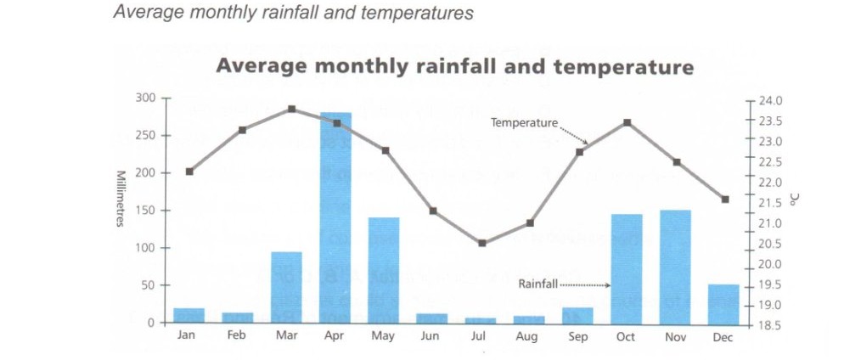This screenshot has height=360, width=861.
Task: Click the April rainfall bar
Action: [335, 217]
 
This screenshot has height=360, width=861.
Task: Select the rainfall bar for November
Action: [675, 267]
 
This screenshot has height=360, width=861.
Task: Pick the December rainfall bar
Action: [723, 303]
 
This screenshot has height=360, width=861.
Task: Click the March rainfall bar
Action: [286, 287]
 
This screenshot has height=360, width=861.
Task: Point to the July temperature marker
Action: [481, 243]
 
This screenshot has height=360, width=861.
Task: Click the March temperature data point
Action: [291, 109]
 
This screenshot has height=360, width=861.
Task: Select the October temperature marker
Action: [627, 122]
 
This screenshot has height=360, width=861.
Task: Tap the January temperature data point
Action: [189, 172]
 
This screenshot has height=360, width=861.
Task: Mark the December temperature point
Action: [724, 200]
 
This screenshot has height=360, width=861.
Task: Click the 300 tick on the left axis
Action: [145, 98]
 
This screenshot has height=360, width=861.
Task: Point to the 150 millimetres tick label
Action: [145, 211]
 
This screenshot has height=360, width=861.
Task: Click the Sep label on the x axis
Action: [577, 336]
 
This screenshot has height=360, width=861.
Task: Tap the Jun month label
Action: [431, 336]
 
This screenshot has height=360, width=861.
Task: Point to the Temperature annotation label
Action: [524, 123]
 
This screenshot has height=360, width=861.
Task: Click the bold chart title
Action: [454, 66]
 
